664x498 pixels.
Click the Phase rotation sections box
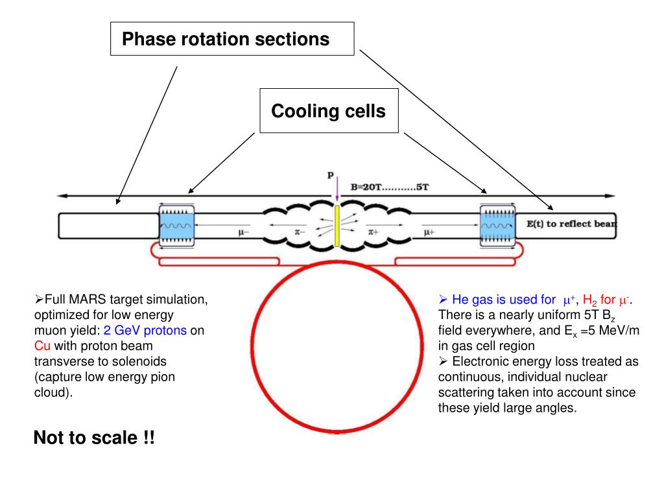tap(231, 39)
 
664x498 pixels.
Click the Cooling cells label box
tap(328, 112)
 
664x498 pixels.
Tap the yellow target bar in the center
tap(337, 226)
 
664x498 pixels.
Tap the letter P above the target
tap(330, 176)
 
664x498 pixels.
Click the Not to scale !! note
tap(94, 438)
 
